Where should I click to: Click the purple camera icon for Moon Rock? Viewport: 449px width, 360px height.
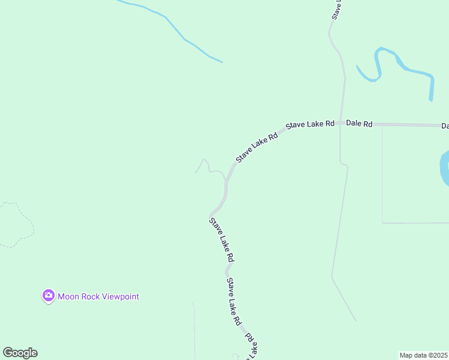[49, 296]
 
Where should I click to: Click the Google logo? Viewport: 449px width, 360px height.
[20, 353]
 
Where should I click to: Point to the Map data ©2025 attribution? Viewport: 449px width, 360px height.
[423, 355]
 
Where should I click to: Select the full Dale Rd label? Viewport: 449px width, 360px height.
[359, 124]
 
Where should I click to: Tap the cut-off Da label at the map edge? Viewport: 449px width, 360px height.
[445, 126]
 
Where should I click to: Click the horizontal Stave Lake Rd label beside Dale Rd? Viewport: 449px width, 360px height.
[310, 124]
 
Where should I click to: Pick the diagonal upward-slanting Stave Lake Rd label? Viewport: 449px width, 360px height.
[257, 147]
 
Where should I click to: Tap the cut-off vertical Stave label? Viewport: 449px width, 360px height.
[337, 10]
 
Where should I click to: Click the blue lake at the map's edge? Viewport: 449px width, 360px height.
[445, 168]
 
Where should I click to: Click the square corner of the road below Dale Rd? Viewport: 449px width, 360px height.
[383, 222]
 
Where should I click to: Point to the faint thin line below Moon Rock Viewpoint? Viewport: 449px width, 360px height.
[194, 330]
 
